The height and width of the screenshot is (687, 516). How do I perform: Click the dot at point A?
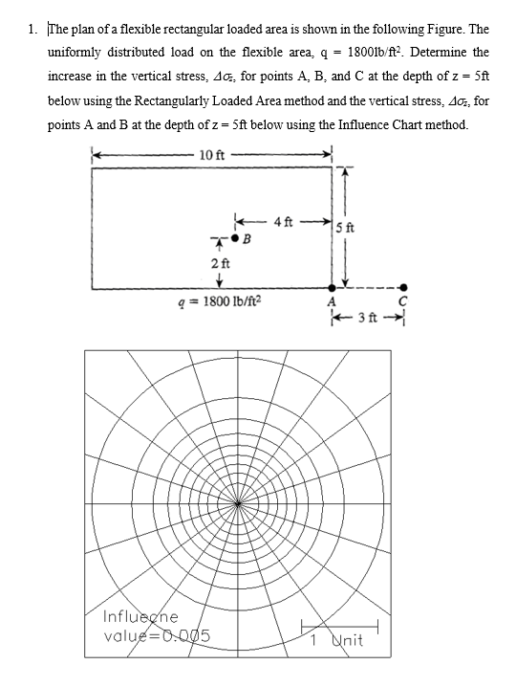tap(333, 286)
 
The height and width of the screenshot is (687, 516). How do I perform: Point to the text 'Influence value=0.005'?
tap(155, 626)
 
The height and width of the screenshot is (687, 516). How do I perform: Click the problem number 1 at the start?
tap(32, 31)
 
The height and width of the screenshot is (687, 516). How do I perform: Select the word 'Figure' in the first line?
tap(423, 31)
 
